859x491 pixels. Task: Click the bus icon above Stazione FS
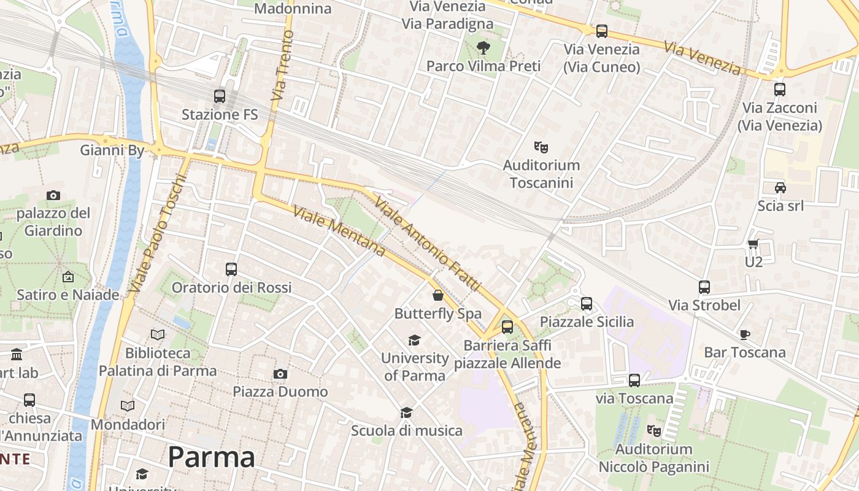pyautogui.click(x=219, y=96)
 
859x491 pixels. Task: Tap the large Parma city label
pyautogui.click(x=211, y=457)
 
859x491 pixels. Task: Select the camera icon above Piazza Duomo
pyautogui.click(x=280, y=374)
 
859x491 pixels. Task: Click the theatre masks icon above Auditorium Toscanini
pyautogui.click(x=541, y=147)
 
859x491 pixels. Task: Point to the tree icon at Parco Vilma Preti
pyautogui.click(x=483, y=47)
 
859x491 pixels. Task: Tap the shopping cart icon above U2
pyautogui.click(x=753, y=244)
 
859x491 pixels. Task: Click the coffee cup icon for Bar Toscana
pyautogui.click(x=745, y=334)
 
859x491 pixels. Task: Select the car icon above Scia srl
pyautogui.click(x=780, y=187)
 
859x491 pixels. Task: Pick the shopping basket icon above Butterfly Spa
pyautogui.click(x=438, y=295)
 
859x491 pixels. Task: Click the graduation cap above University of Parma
pyautogui.click(x=415, y=340)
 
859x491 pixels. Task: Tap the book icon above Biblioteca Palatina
pyautogui.click(x=158, y=334)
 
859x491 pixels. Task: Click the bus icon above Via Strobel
pyautogui.click(x=704, y=287)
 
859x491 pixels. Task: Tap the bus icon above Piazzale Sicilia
pyautogui.click(x=587, y=303)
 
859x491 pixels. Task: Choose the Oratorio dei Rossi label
pyautogui.click(x=231, y=288)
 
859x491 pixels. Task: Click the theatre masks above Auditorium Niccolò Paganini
pyautogui.click(x=654, y=431)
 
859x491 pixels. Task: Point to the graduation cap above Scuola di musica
pyautogui.click(x=406, y=412)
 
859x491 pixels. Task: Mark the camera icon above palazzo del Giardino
pyautogui.click(x=53, y=195)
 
